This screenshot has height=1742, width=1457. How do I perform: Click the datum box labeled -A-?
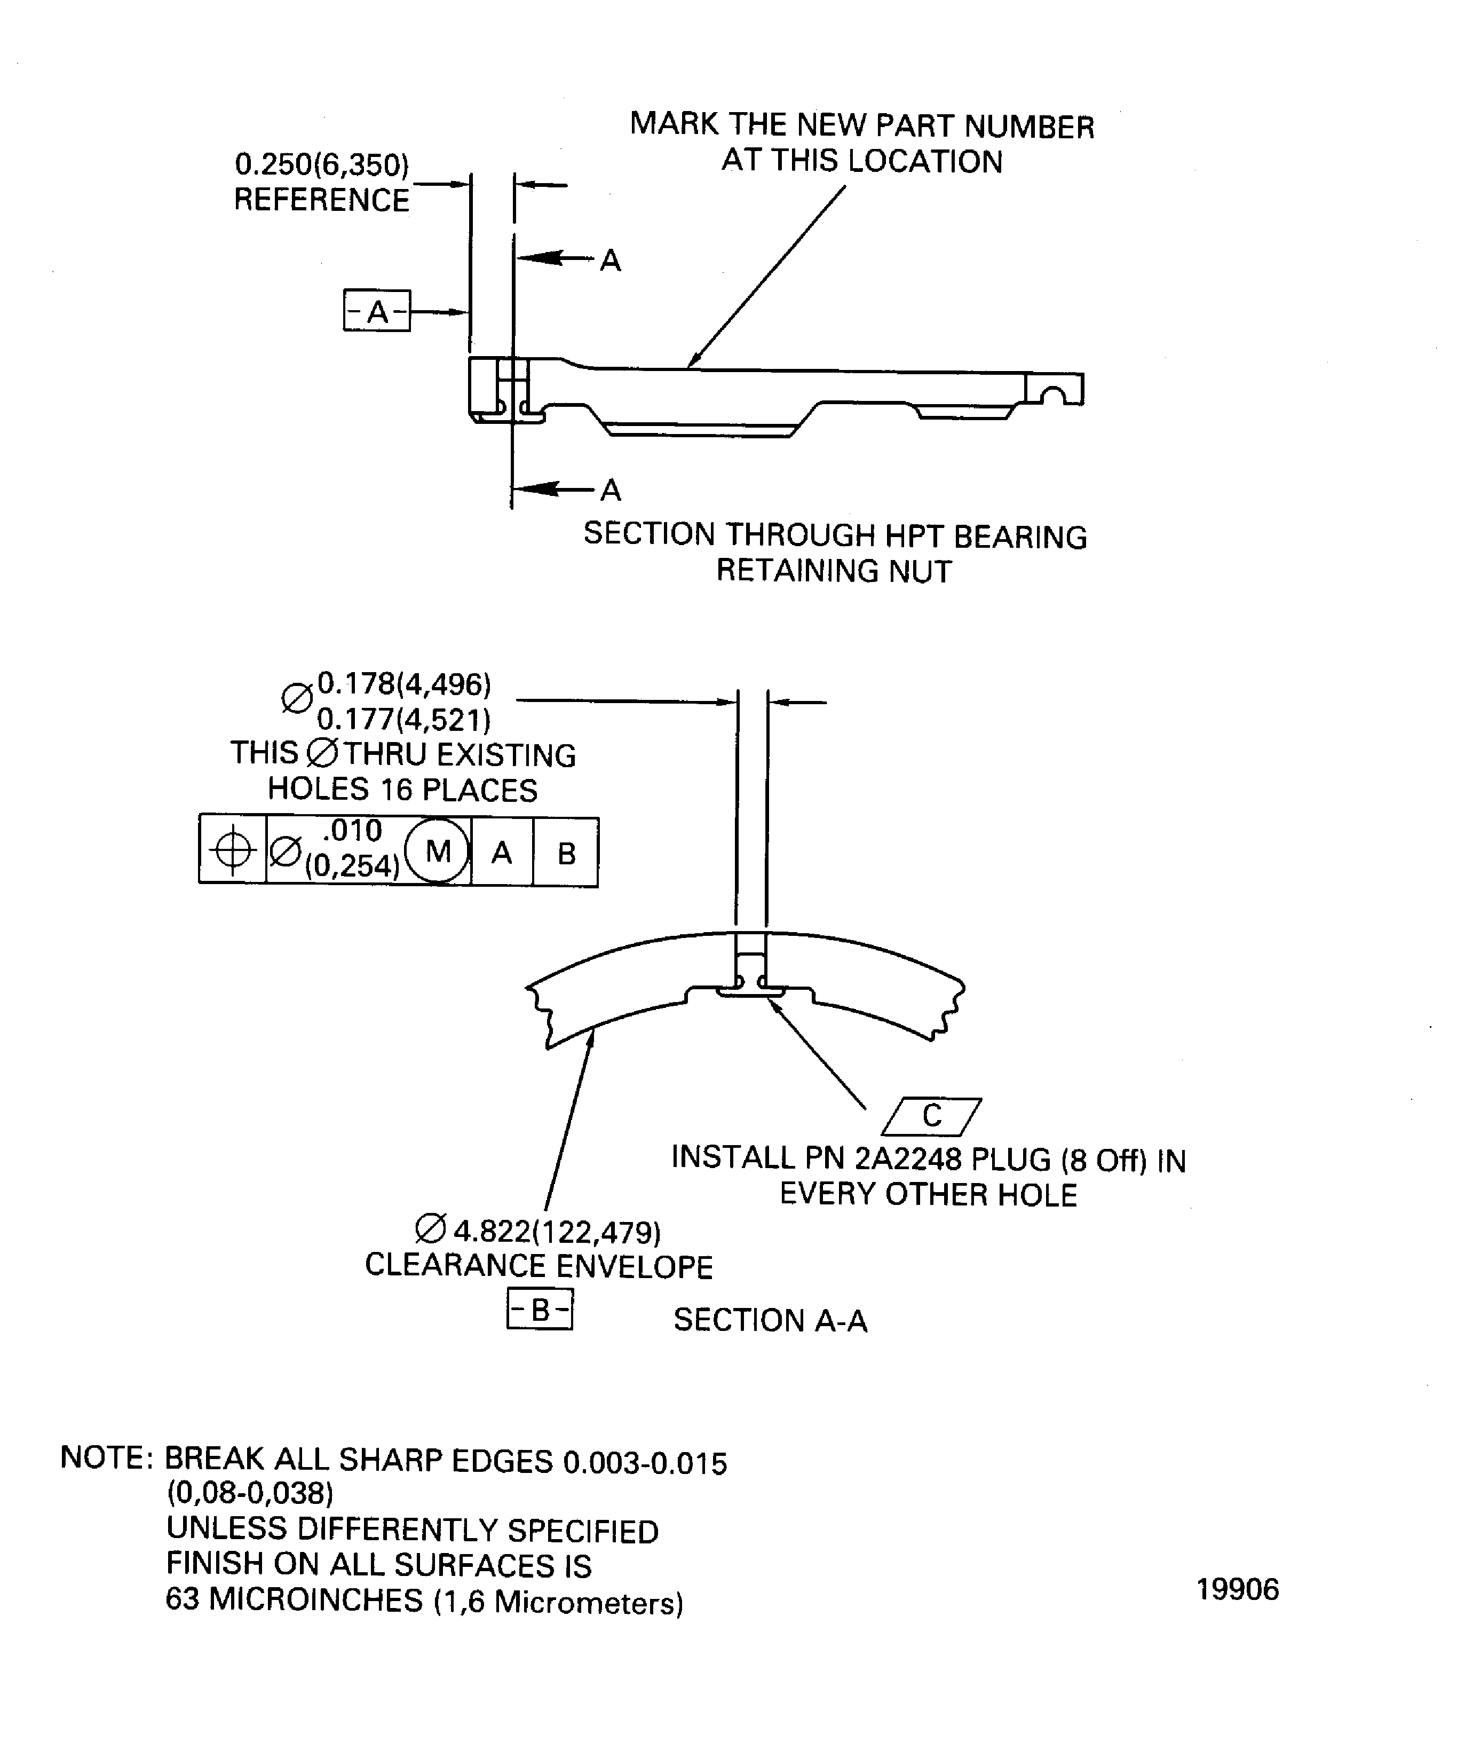(x=376, y=311)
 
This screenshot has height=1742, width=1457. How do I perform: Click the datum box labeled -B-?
(x=539, y=1311)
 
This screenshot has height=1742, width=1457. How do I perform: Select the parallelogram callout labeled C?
(x=931, y=1116)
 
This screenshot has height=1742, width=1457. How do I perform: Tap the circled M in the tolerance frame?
(x=437, y=851)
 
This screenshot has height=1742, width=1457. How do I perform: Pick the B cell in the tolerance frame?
(x=566, y=853)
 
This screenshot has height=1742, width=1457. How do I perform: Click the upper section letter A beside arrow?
(x=611, y=261)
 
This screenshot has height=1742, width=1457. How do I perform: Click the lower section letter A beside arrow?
(x=611, y=490)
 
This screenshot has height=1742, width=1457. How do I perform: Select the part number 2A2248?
(x=907, y=1159)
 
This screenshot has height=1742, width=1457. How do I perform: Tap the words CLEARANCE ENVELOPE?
(x=538, y=1266)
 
